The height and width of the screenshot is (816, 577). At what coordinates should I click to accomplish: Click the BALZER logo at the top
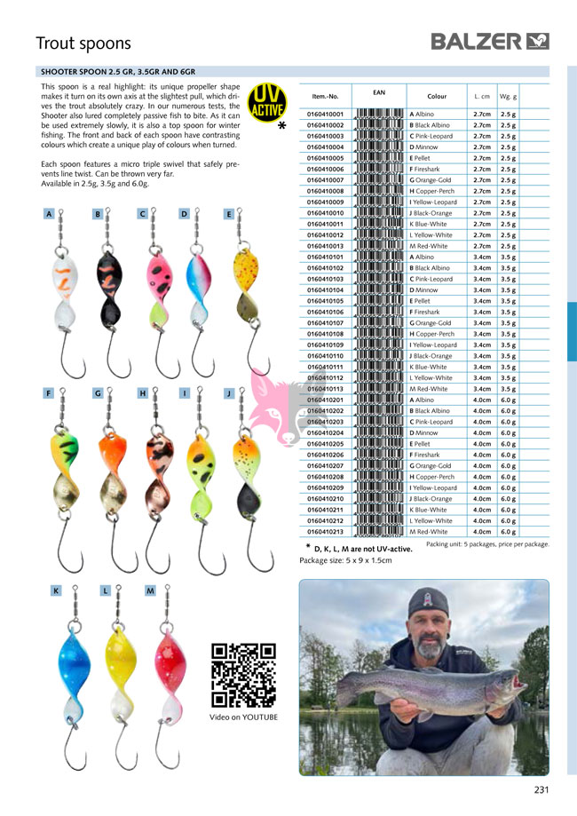(491, 41)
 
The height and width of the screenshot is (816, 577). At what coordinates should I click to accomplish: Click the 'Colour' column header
(437, 95)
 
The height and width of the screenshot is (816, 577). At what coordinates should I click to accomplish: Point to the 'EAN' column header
(379, 91)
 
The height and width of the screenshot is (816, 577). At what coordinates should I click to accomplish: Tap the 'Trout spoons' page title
(83, 44)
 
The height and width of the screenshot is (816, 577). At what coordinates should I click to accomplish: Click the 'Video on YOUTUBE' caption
(243, 717)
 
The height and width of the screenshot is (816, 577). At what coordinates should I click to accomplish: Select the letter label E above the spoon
(229, 214)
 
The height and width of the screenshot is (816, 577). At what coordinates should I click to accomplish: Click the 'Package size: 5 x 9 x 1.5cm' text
(345, 560)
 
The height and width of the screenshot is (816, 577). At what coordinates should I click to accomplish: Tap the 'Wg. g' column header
(509, 95)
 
